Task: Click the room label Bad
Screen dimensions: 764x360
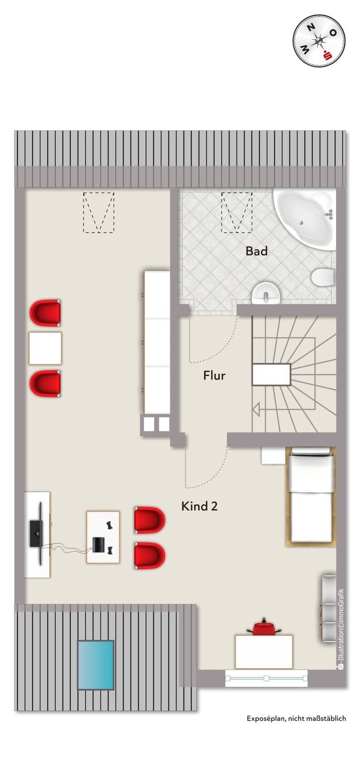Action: point(256,251)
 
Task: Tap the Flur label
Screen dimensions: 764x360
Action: point(214,375)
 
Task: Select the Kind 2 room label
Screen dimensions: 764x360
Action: point(199,506)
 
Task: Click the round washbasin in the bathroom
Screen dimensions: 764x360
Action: point(266,294)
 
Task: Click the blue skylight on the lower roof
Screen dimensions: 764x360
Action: point(96,665)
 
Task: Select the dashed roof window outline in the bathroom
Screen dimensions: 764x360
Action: point(236,212)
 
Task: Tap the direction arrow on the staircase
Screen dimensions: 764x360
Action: point(257,410)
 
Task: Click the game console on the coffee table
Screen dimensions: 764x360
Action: point(98,544)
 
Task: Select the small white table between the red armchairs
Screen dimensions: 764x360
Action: point(45,348)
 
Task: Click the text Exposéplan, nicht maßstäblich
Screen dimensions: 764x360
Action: point(296,718)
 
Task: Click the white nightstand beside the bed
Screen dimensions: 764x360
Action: point(273,455)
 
